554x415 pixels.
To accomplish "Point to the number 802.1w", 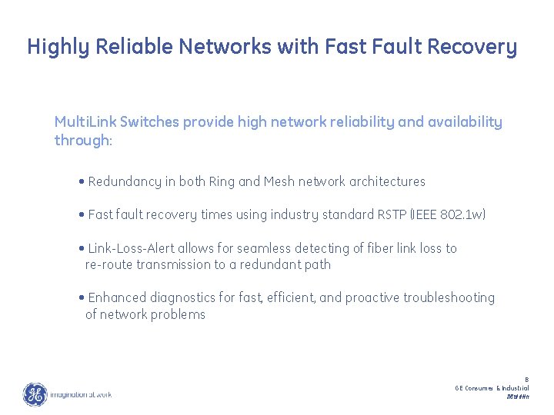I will [x=465, y=215].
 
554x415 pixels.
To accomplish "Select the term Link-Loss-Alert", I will [x=132, y=248].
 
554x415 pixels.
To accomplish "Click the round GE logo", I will [x=35, y=394].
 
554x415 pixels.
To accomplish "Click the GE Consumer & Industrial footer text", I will [x=492, y=388].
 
